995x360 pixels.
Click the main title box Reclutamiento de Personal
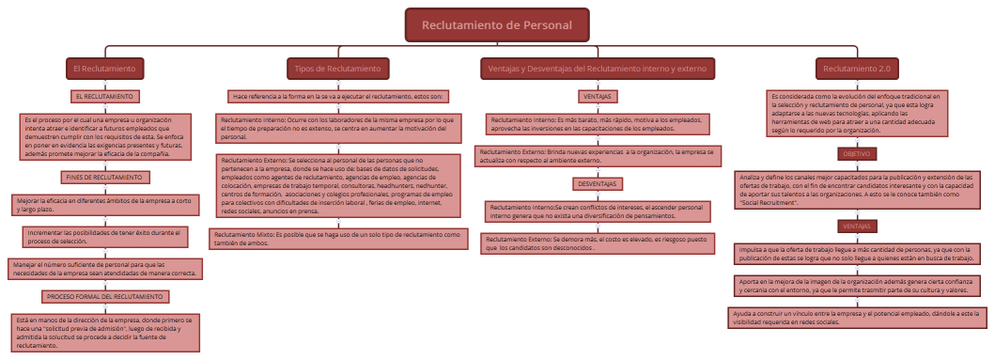497,25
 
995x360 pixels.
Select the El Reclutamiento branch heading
104,69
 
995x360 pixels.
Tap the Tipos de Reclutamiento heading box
337,69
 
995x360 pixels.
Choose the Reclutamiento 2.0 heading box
857,69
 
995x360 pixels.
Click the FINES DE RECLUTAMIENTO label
104,177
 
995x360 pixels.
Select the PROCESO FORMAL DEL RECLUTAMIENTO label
104,296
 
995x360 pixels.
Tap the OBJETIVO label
856,153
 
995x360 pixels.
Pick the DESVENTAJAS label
598,183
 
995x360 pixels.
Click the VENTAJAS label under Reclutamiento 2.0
856,227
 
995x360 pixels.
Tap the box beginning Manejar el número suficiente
104,269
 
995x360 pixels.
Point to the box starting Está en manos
104,332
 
